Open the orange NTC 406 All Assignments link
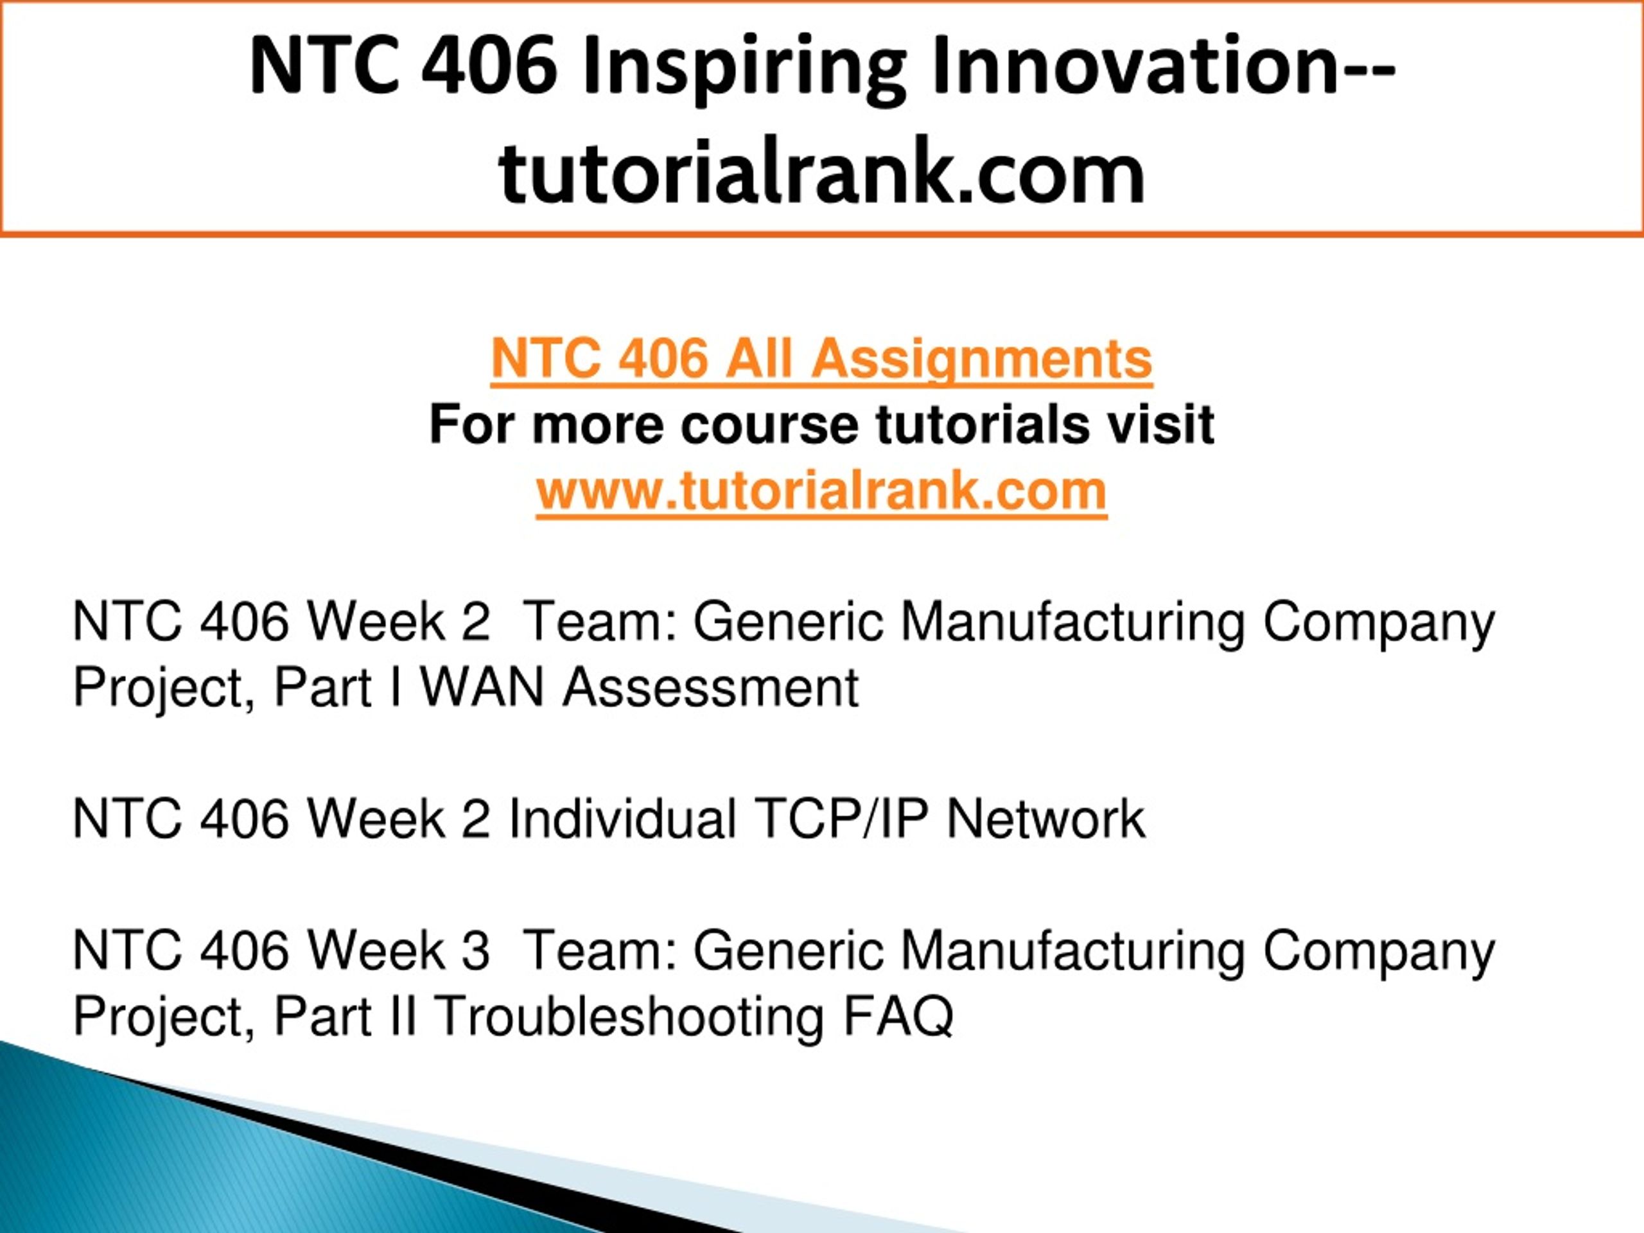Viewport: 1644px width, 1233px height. point(821,360)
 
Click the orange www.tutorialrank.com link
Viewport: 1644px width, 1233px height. point(821,491)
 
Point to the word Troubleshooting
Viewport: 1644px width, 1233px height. point(628,1017)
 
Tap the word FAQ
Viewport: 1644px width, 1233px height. point(898,1017)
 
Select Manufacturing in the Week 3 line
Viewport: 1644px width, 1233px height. point(1073,951)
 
